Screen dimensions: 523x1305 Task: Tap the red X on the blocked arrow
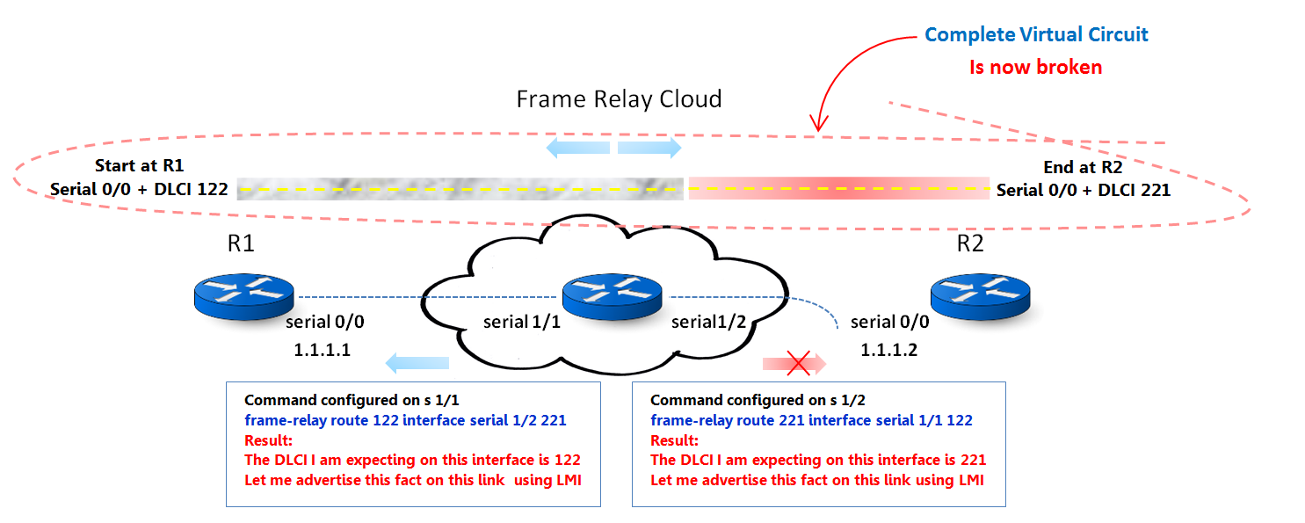796,362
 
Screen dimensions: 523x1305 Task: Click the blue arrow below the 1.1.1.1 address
417,362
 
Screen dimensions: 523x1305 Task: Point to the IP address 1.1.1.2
888,350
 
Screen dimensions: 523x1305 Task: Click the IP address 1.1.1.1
322,350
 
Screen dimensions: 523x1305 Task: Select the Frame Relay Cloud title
619,98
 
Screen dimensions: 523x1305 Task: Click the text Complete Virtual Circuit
1036,35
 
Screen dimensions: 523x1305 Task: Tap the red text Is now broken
1035,67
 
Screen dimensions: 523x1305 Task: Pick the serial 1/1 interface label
522,323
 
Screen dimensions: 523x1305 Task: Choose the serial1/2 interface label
708,323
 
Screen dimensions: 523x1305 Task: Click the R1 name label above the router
241,243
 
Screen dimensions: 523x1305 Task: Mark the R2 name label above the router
969,243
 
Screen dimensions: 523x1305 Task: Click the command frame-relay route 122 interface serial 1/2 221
405,420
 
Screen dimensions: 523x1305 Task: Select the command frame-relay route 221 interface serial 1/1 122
811,420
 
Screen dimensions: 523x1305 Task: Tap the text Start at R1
139,166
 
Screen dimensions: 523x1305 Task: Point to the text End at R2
1083,166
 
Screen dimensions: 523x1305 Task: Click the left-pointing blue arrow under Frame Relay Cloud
577,147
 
